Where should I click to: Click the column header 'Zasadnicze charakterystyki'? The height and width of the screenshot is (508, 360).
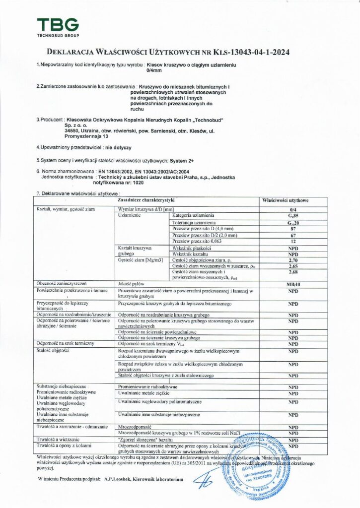pyautogui.click(x=145, y=200)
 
